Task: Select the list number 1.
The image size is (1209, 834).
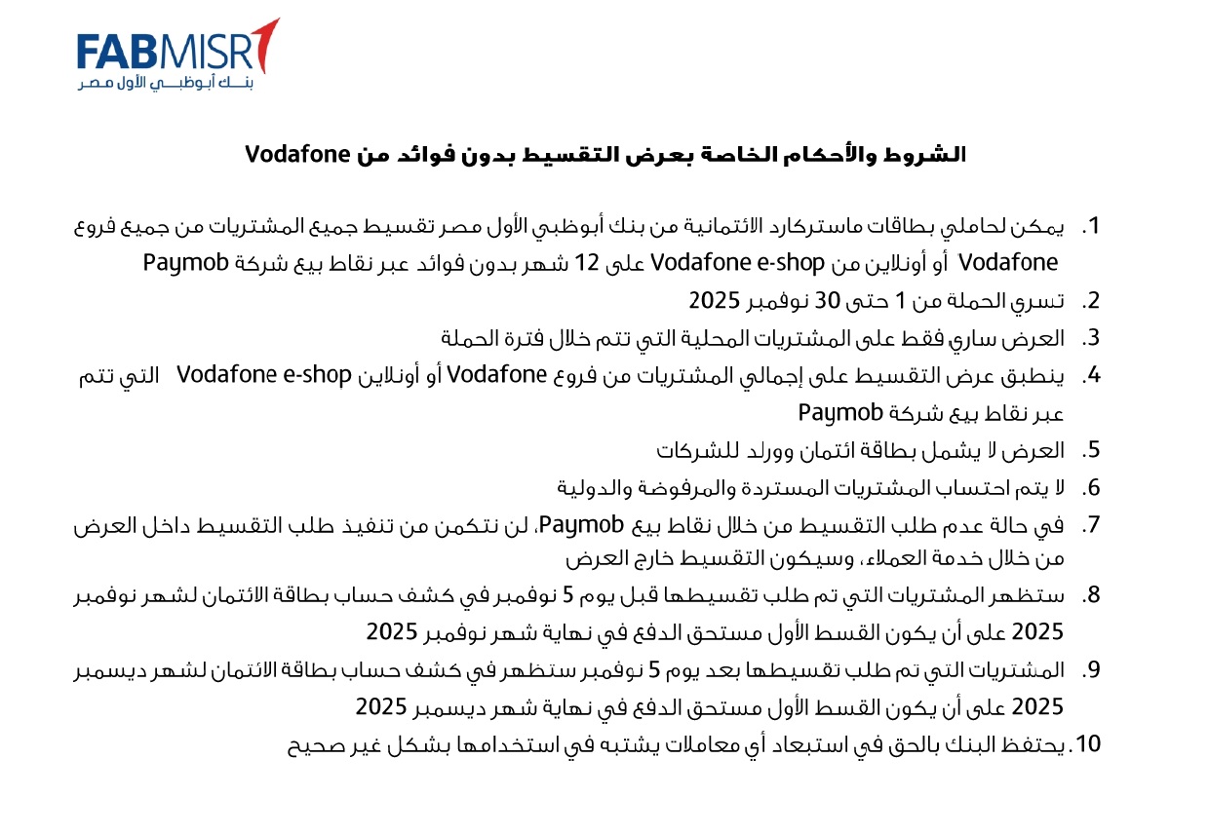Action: (x=1091, y=226)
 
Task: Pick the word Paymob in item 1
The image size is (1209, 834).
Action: (x=186, y=263)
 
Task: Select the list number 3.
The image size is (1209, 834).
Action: (x=1091, y=338)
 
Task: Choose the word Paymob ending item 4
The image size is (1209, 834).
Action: (x=841, y=412)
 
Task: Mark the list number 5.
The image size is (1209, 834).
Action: (x=1091, y=449)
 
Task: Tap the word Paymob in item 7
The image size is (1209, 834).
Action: (x=581, y=524)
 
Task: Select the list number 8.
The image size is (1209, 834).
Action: (x=1091, y=595)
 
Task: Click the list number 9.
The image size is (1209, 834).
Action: (x=1091, y=669)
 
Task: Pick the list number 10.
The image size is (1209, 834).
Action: (x=1085, y=744)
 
